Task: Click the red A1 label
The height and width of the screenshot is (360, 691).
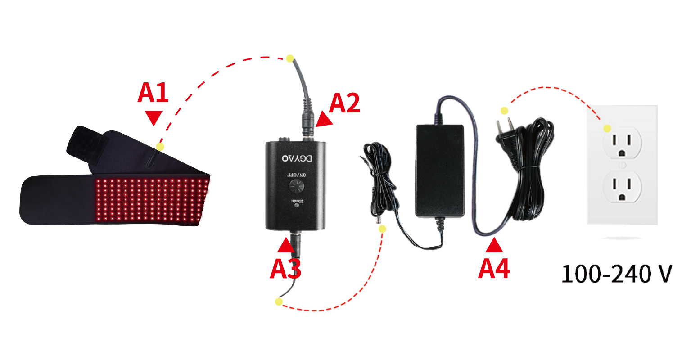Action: point(153,93)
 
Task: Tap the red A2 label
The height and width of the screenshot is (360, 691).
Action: point(344,103)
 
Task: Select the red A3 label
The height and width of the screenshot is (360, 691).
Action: point(285,269)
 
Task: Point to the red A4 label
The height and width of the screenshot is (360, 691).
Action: point(494,269)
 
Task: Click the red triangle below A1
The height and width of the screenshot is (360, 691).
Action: point(154,118)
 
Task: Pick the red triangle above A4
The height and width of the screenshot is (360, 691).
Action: point(495,245)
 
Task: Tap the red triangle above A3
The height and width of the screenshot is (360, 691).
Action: point(285,245)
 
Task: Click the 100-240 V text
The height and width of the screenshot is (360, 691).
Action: point(616,274)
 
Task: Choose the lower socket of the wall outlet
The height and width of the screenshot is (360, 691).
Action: point(622,187)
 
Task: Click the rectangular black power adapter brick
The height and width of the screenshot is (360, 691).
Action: point(439,171)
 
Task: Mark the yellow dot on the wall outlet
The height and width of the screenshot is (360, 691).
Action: point(607,128)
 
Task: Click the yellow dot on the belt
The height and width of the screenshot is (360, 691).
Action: point(160,147)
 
